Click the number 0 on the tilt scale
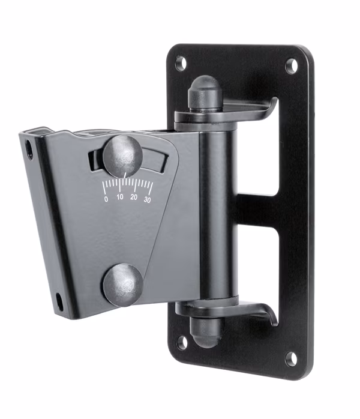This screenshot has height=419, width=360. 106,199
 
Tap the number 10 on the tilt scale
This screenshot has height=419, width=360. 120,197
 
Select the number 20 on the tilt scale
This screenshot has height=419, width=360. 134,197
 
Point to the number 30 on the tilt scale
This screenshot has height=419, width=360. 147,200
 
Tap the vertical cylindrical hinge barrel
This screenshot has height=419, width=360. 215,210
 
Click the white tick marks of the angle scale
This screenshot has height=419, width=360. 127,185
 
